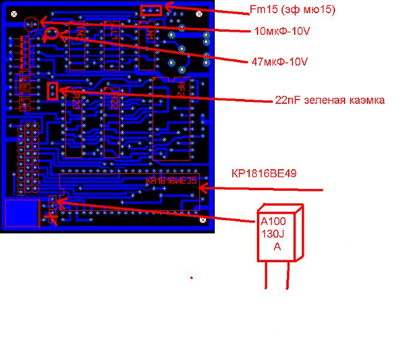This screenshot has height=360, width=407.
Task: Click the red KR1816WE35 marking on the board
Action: [171, 181]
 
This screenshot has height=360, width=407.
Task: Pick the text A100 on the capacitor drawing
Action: [273, 221]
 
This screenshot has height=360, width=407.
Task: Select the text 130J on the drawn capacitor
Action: [274, 234]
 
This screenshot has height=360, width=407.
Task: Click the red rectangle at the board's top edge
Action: [151, 10]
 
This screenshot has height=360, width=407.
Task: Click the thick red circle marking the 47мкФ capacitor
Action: [52, 34]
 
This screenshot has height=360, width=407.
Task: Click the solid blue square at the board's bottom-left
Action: [21, 213]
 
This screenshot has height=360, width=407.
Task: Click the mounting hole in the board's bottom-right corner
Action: [203, 221]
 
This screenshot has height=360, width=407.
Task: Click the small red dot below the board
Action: [191, 277]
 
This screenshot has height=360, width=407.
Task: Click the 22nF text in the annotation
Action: [288, 100]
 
